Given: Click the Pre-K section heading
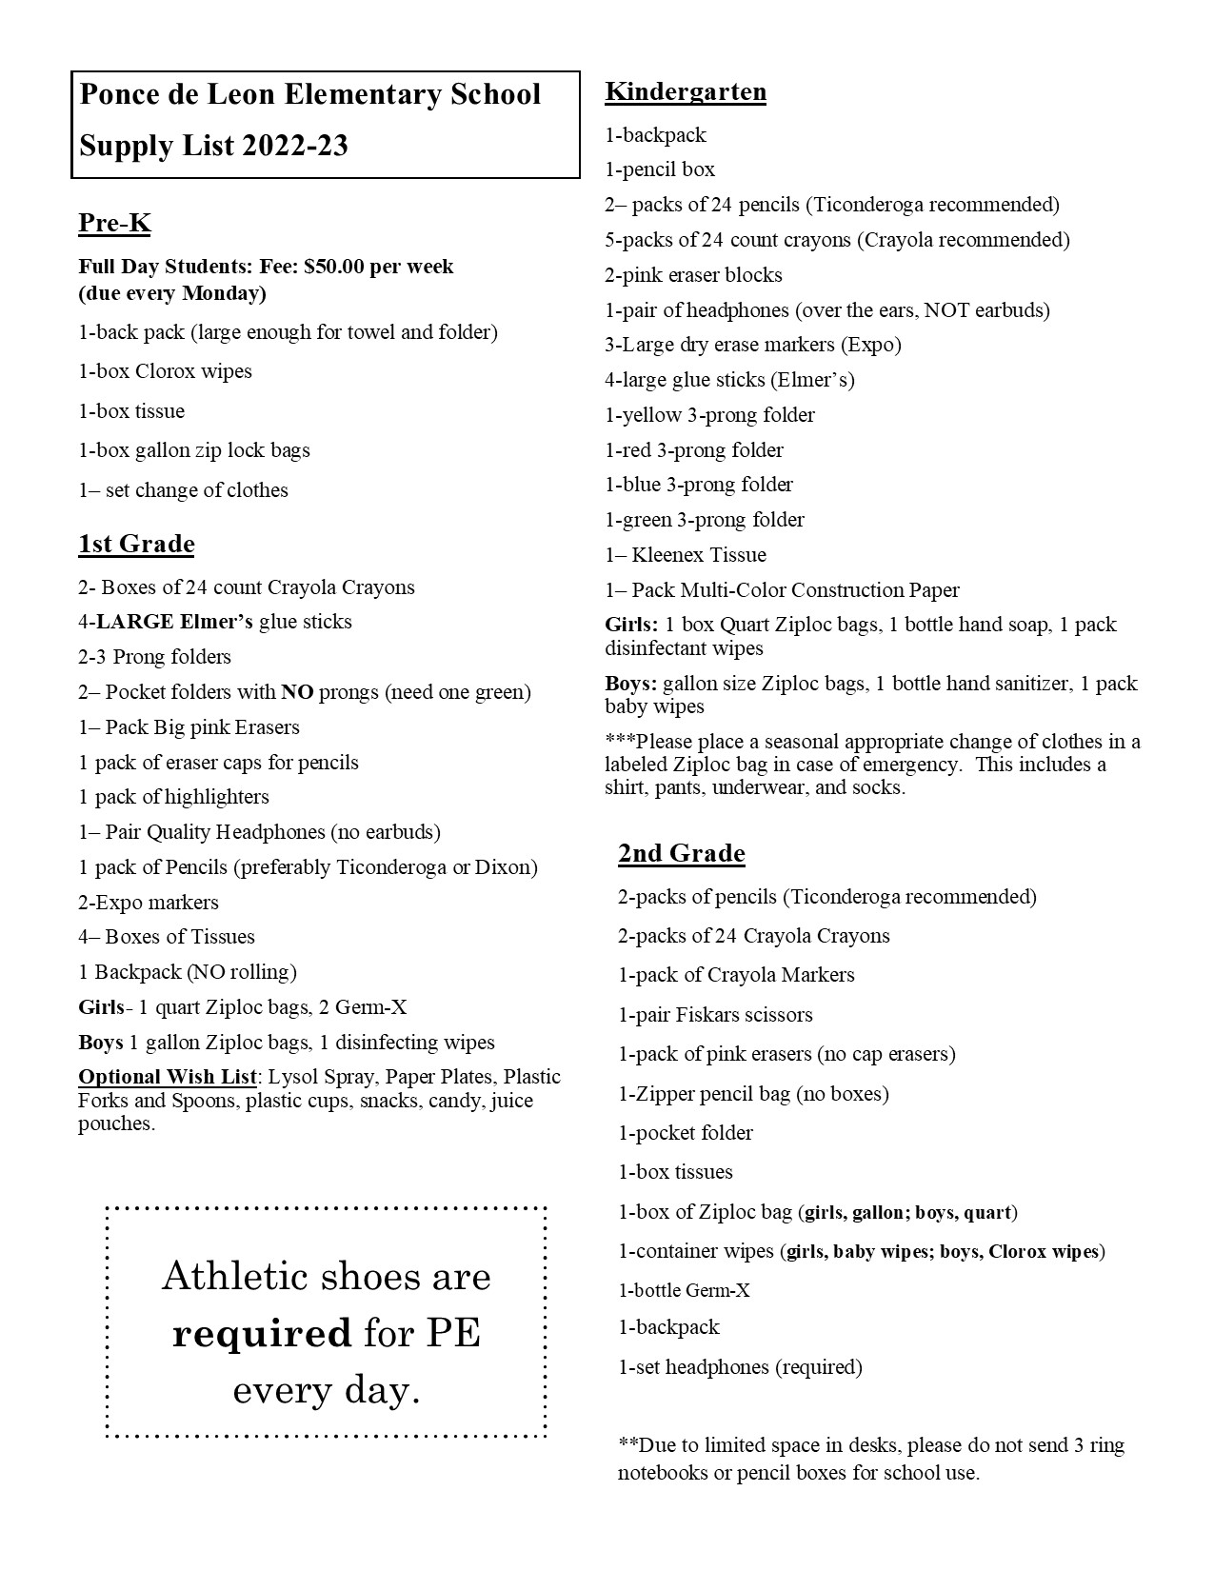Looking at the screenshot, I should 114,224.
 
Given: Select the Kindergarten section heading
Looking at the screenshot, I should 686,92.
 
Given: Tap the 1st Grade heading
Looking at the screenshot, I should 136,545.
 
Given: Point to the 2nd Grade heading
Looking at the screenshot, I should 681,853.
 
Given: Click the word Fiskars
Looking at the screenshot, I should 705,1015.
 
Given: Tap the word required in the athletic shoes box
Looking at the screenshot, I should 261,1334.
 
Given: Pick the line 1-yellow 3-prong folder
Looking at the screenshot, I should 709,415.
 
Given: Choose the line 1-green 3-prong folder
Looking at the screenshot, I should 705,520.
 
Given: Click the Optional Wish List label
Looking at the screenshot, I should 167,1077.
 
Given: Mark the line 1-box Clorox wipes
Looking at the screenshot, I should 165,371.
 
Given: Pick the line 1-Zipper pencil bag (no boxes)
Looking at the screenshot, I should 753,1094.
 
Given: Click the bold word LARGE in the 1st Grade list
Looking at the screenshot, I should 135,623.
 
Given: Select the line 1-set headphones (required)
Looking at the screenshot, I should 740,1367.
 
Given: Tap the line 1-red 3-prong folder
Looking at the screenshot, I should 694,450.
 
